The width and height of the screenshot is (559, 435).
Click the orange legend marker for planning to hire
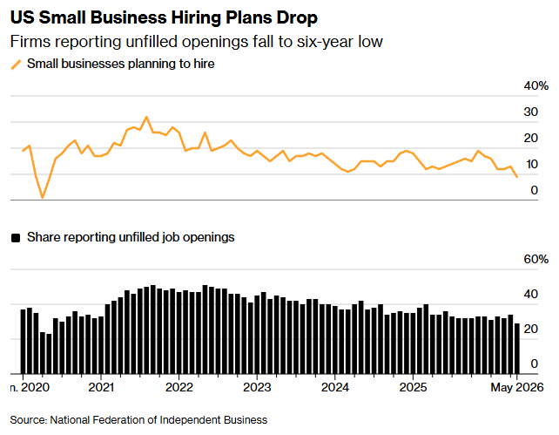pyautogui.click(x=16, y=65)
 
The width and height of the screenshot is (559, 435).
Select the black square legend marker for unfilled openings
pyautogui.click(x=16, y=238)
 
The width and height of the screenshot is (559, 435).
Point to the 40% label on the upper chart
pyautogui.click(x=535, y=86)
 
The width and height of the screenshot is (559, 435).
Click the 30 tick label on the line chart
pyautogui.click(x=530, y=112)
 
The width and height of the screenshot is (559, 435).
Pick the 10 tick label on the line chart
pyautogui.click(x=530, y=164)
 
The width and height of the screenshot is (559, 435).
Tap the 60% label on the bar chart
pyautogui.click(x=535, y=260)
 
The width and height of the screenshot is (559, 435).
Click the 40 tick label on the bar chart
pyautogui.click(x=530, y=295)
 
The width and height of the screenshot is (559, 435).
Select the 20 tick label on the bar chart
pyautogui.click(x=530, y=329)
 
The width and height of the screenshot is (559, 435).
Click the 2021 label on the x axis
pyautogui.click(x=101, y=387)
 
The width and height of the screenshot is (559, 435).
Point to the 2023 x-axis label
pyautogui.click(x=257, y=387)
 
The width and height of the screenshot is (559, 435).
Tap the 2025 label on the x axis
pyautogui.click(x=413, y=387)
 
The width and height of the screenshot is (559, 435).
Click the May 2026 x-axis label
pyautogui.click(x=517, y=387)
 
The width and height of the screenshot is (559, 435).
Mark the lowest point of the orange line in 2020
pyautogui.click(x=43, y=197)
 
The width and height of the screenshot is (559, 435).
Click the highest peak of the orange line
pyautogui.click(x=146, y=117)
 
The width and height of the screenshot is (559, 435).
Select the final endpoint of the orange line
pyautogui.click(x=517, y=177)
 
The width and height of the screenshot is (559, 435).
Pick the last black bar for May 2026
pyautogui.click(x=517, y=349)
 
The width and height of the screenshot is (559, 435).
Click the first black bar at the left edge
pyautogui.click(x=24, y=342)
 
